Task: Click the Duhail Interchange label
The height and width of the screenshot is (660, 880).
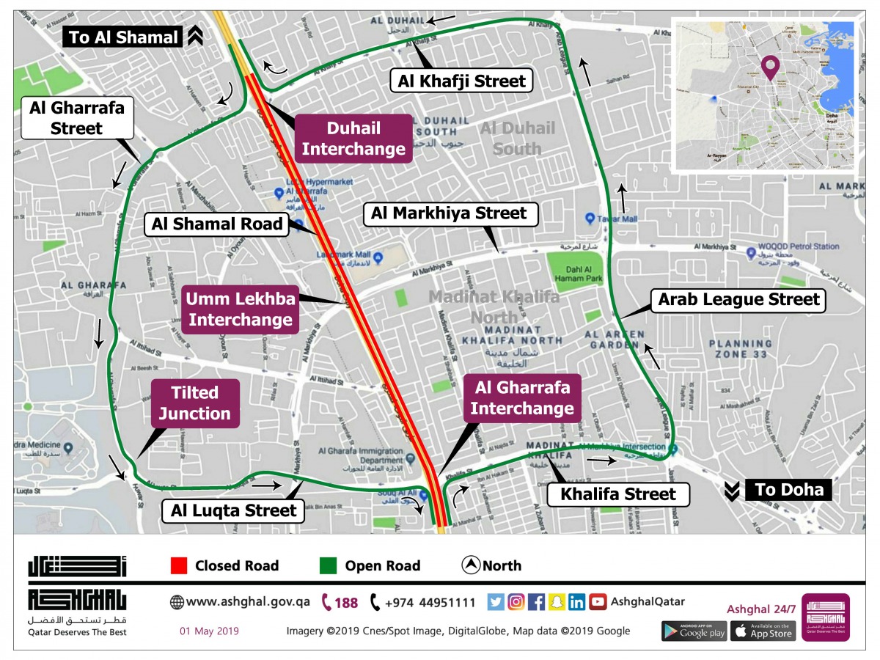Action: point(353,139)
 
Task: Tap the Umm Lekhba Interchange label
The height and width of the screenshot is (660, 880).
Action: point(241,309)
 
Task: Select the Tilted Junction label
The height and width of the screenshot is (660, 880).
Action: point(195,403)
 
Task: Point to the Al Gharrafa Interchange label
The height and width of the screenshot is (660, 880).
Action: point(521,397)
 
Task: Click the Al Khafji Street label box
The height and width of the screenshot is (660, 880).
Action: point(461,81)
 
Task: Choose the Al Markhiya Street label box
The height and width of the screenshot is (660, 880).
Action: point(449,213)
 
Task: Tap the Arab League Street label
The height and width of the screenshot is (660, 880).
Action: point(738,299)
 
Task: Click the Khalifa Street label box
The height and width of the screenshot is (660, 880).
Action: point(618,494)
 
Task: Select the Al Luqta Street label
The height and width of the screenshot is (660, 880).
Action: point(234,510)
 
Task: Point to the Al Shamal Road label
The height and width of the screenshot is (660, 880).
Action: point(217,224)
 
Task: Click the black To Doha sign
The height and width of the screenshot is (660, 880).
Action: point(788,490)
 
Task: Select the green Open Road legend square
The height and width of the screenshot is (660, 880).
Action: point(329,565)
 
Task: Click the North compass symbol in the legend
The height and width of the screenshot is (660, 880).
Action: point(470,565)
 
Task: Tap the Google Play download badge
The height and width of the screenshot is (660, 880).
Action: point(694,631)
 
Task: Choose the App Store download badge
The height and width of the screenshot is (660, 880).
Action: point(763,631)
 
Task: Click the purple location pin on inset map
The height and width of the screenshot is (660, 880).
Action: point(769,67)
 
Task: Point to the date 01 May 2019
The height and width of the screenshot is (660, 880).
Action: point(209,631)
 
